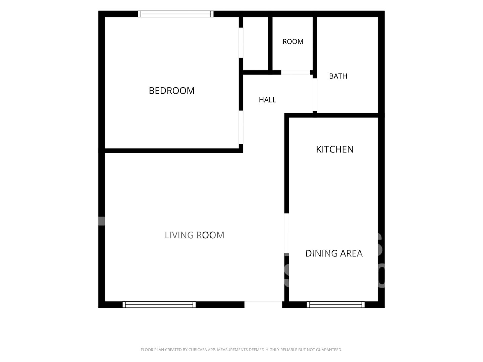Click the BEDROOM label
172,91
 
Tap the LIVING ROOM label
195,235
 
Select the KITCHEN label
335,149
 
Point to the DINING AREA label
334,253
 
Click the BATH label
338,76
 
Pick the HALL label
267,100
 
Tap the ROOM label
293,42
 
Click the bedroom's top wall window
176,14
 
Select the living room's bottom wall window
159,304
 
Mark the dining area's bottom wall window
335,304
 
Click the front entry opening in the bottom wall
263,304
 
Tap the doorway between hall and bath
315,95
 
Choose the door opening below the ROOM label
296,72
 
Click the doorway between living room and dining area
286,233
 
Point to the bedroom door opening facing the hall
241,127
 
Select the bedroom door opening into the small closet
241,43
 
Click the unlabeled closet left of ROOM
256,44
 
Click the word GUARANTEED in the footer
329,350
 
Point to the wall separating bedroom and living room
172,150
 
